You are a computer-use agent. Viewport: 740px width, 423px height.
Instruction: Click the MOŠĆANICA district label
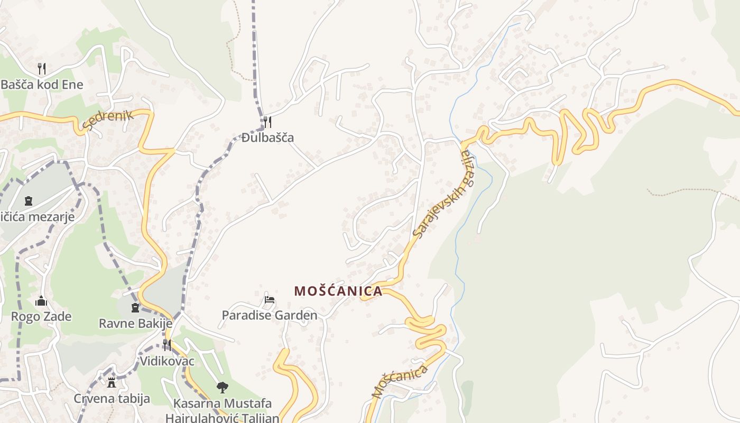click(338, 291)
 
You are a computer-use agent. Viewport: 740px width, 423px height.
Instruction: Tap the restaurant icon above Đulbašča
click(267, 122)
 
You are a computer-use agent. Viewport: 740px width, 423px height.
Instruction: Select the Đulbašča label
click(267, 138)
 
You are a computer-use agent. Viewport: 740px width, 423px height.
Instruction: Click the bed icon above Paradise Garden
click(270, 300)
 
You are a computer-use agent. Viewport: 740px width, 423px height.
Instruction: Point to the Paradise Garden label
click(270, 316)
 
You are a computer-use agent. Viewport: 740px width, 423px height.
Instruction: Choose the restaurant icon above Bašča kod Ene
click(42, 68)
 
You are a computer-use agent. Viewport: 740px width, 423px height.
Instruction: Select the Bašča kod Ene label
click(42, 85)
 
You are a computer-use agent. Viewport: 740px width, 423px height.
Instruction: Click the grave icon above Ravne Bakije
click(135, 308)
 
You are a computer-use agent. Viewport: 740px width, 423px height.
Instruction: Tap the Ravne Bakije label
click(136, 323)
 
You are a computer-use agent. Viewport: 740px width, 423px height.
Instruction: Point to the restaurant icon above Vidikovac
click(166, 345)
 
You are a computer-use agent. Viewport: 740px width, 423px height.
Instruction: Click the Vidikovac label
click(167, 361)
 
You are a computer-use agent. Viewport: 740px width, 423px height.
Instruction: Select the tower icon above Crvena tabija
click(112, 383)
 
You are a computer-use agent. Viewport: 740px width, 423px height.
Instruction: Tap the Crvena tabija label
click(112, 399)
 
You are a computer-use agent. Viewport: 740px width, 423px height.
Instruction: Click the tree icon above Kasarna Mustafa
click(223, 388)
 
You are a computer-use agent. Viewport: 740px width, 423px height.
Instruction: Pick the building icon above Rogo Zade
click(41, 301)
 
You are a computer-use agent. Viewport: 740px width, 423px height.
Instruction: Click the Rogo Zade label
click(41, 317)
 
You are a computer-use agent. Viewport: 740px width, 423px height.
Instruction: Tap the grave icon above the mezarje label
click(28, 201)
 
